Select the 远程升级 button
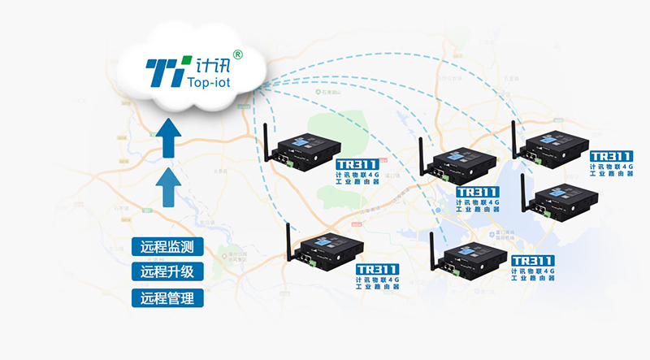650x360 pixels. click(167, 271)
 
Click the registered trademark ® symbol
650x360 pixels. click(237, 54)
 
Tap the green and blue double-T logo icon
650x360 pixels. click(167, 72)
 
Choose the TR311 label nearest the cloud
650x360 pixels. click(357, 165)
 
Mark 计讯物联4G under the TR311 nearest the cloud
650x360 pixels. click(357, 175)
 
